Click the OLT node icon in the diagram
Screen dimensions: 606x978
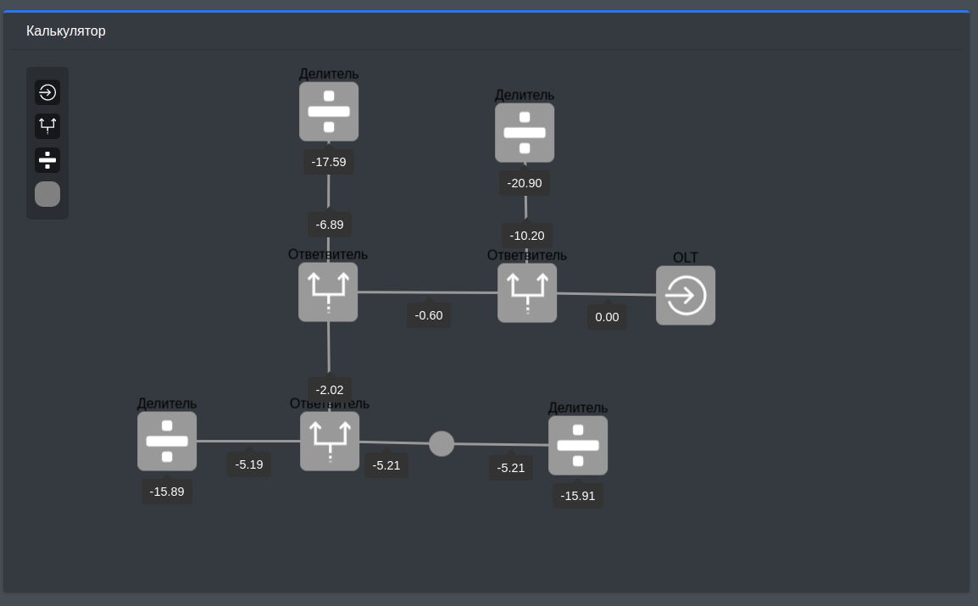(x=685, y=296)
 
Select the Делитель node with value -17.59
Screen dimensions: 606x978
(x=329, y=111)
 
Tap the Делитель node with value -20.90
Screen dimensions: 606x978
(x=525, y=132)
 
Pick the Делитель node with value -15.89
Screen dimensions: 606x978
(x=167, y=441)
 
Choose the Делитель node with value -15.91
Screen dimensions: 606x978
(x=578, y=445)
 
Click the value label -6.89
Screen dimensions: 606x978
(x=329, y=225)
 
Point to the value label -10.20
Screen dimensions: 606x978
(x=526, y=236)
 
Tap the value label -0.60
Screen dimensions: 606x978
(x=428, y=315)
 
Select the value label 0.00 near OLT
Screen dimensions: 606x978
(x=607, y=317)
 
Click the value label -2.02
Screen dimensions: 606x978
(x=329, y=390)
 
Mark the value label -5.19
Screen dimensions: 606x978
(x=249, y=464)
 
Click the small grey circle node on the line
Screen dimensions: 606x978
(x=442, y=443)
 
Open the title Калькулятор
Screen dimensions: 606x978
(x=66, y=31)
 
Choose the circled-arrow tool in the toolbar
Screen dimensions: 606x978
(x=47, y=92)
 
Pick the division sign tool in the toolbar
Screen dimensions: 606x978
(x=47, y=159)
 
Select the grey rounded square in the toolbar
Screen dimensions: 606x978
(x=47, y=194)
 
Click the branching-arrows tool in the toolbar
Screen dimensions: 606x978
(x=47, y=126)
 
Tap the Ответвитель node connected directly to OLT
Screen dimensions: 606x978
(x=527, y=292)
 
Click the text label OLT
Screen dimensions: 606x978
(x=685, y=258)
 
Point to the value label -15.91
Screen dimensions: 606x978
(x=578, y=496)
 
